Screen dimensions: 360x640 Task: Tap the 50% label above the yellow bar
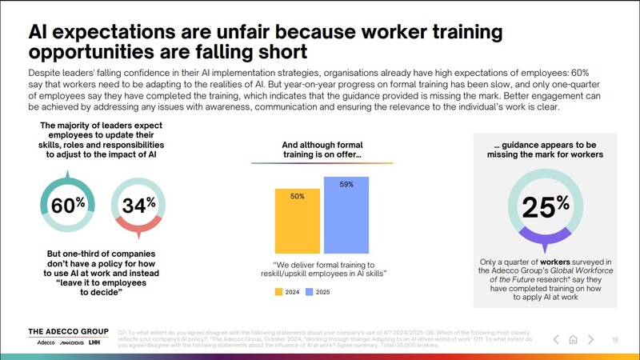tap(297, 196)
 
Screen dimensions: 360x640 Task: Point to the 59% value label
tap(346, 185)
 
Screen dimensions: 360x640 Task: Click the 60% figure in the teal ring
tap(67, 206)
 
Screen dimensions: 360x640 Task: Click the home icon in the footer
tap(574, 339)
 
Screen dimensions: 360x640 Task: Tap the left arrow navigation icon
tap(556, 339)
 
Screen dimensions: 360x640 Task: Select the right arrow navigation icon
tap(590, 339)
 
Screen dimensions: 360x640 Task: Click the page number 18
tap(614, 339)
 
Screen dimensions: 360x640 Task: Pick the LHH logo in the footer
tap(95, 343)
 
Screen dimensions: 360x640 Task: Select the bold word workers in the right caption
tap(561, 262)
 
